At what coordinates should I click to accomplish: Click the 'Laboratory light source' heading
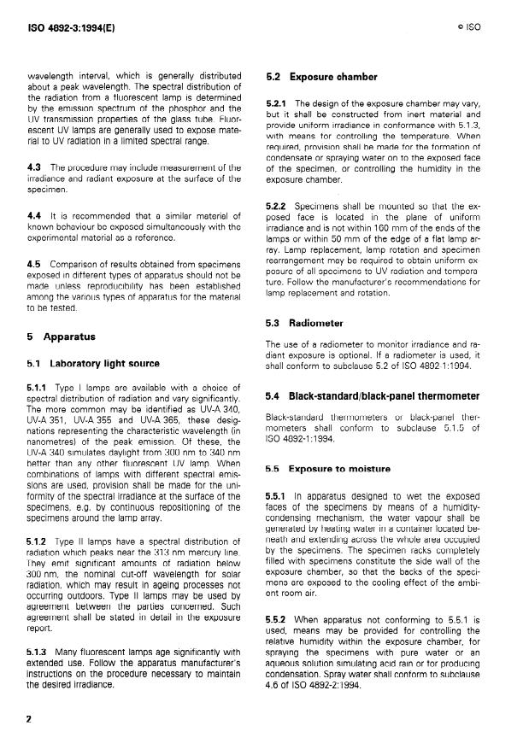pyautogui.click(x=95, y=363)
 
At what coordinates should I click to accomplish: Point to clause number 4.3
pyautogui.click(x=35, y=166)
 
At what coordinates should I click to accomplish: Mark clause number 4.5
pyautogui.click(x=35, y=263)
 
